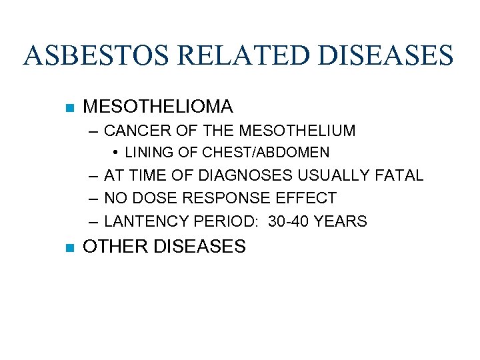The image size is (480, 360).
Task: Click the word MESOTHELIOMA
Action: point(158,106)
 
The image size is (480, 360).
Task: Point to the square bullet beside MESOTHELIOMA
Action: point(69,107)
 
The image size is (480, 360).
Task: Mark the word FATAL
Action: point(399,175)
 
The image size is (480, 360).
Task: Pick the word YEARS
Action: point(343,221)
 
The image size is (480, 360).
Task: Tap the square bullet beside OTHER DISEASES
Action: point(69,247)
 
